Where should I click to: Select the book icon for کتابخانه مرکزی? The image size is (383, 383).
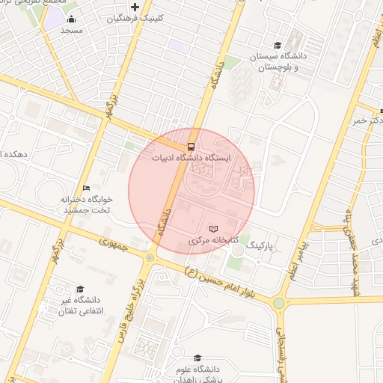click(213, 229)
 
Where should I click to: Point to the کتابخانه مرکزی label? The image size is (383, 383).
click(213, 242)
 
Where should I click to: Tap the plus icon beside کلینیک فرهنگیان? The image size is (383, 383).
click(135, 7)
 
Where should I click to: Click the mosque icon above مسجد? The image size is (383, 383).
click(71, 19)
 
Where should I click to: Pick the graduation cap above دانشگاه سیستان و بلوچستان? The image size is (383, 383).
click(278, 45)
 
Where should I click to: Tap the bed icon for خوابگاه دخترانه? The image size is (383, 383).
click(86, 188)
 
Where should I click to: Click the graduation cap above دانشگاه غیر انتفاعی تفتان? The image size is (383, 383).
click(80, 289)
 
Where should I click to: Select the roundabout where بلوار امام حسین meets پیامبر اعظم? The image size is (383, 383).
click(279, 303)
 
